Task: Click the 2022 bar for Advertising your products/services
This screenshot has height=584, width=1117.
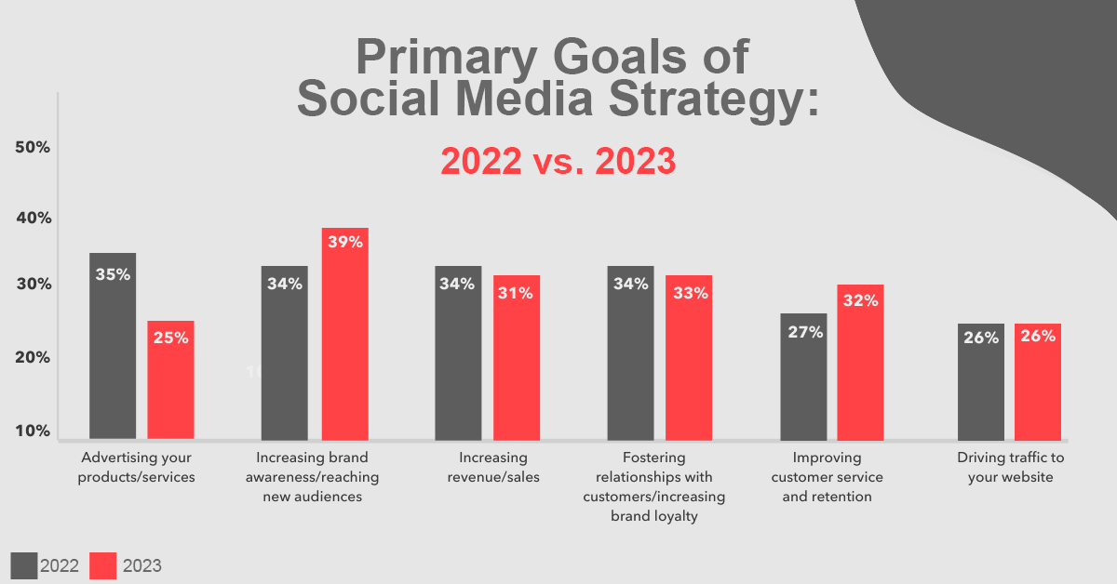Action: click(113, 346)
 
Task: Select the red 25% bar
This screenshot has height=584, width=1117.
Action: click(170, 379)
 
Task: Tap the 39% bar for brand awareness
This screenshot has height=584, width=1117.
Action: click(345, 334)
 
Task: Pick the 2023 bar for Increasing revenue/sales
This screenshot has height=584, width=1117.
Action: click(517, 357)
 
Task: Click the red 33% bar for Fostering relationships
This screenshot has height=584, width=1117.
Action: click(689, 357)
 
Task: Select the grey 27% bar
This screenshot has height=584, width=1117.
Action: click(803, 377)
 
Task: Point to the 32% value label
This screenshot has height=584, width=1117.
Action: click(860, 300)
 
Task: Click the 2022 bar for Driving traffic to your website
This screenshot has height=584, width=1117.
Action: click(981, 381)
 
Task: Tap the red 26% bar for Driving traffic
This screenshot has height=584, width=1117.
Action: click(1038, 381)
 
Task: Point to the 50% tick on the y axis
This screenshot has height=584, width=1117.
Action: click(33, 147)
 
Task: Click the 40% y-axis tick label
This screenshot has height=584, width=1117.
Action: click(34, 218)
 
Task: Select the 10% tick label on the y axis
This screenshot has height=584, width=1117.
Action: click(33, 431)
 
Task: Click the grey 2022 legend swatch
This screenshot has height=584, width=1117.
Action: click(24, 565)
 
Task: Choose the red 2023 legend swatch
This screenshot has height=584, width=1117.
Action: click(102, 565)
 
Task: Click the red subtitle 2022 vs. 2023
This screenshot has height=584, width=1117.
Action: click(558, 161)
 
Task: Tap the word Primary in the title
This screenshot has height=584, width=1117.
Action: click(447, 59)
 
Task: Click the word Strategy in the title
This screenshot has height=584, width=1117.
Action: click(714, 100)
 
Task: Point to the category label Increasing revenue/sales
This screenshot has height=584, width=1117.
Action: click(493, 467)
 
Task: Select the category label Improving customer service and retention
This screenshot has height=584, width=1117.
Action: click(827, 477)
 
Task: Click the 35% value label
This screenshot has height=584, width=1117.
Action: click(113, 274)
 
